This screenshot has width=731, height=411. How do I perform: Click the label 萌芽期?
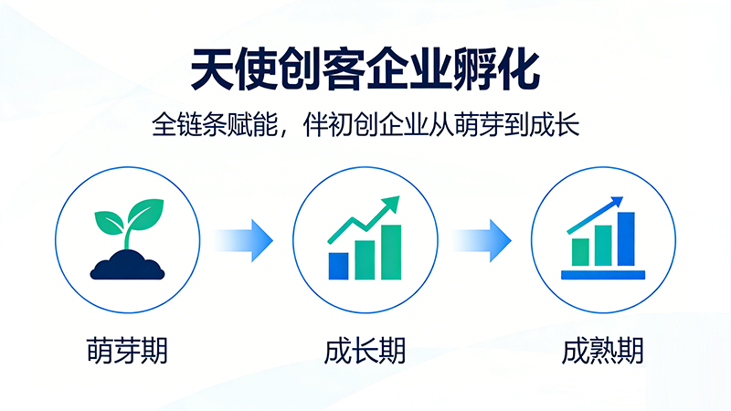click(x=127, y=351)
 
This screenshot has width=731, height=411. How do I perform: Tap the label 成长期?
click(x=365, y=351)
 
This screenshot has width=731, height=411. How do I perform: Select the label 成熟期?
click(x=603, y=351)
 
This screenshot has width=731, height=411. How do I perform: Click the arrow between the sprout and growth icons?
click(x=245, y=240)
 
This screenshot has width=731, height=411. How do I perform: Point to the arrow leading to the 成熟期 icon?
click(x=482, y=240)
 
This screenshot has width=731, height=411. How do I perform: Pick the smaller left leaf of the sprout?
click(x=109, y=220)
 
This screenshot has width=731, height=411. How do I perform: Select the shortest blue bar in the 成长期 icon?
click(x=338, y=266)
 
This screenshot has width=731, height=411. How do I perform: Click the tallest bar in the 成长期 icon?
click(x=391, y=251)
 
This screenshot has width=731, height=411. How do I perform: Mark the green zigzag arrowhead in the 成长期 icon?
click(x=392, y=204)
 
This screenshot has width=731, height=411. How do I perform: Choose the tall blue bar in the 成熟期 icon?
click(x=626, y=237)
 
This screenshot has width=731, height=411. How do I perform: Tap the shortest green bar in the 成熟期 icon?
click(x=580, y=251)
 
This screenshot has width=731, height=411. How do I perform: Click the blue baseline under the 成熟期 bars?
click(x=603, y=274)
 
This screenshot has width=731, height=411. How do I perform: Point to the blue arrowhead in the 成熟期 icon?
click(x=618, y=201)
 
